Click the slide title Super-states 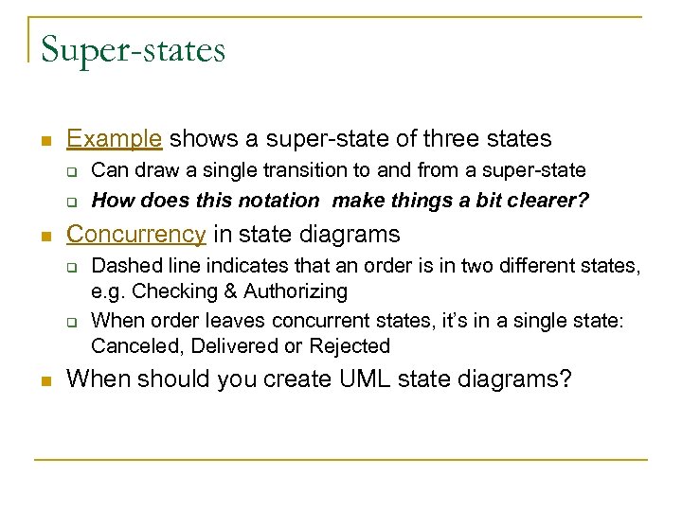tap(133, 49)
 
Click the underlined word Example tap(115, 138)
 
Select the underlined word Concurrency tap(136, 234)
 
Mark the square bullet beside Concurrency tap(45, 235)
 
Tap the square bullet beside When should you tap(45, 380)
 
